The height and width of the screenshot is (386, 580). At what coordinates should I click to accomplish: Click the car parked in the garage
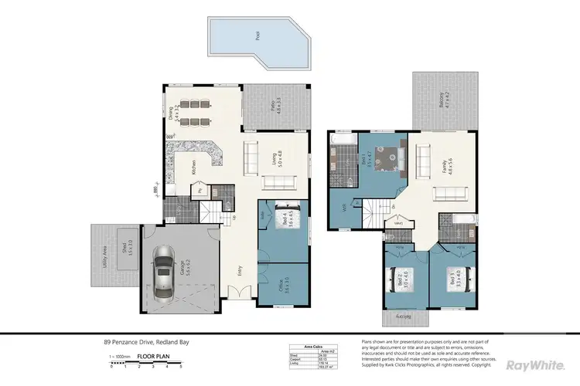pos(164,273)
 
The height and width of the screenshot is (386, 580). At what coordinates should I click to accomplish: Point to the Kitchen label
pos(193,168)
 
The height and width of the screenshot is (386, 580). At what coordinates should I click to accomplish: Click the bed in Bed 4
pos(281,218)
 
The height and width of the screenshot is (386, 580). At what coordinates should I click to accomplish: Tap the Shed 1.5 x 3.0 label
pos(121,248)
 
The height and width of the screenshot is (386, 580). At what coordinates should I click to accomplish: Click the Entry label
pos(241,271)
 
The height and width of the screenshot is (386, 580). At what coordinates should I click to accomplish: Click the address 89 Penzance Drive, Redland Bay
pos(146,342)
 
